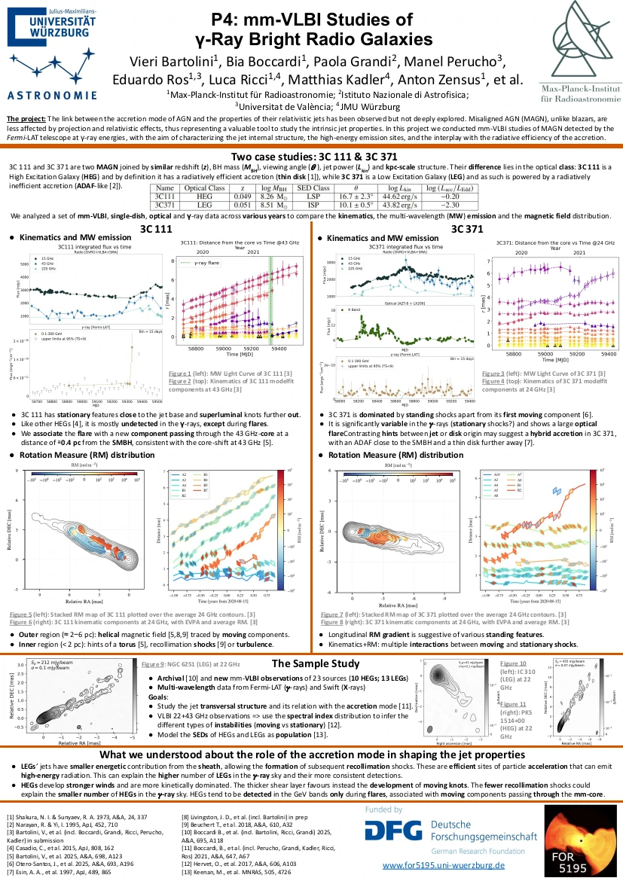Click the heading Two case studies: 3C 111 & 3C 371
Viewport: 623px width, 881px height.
(311, 157)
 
